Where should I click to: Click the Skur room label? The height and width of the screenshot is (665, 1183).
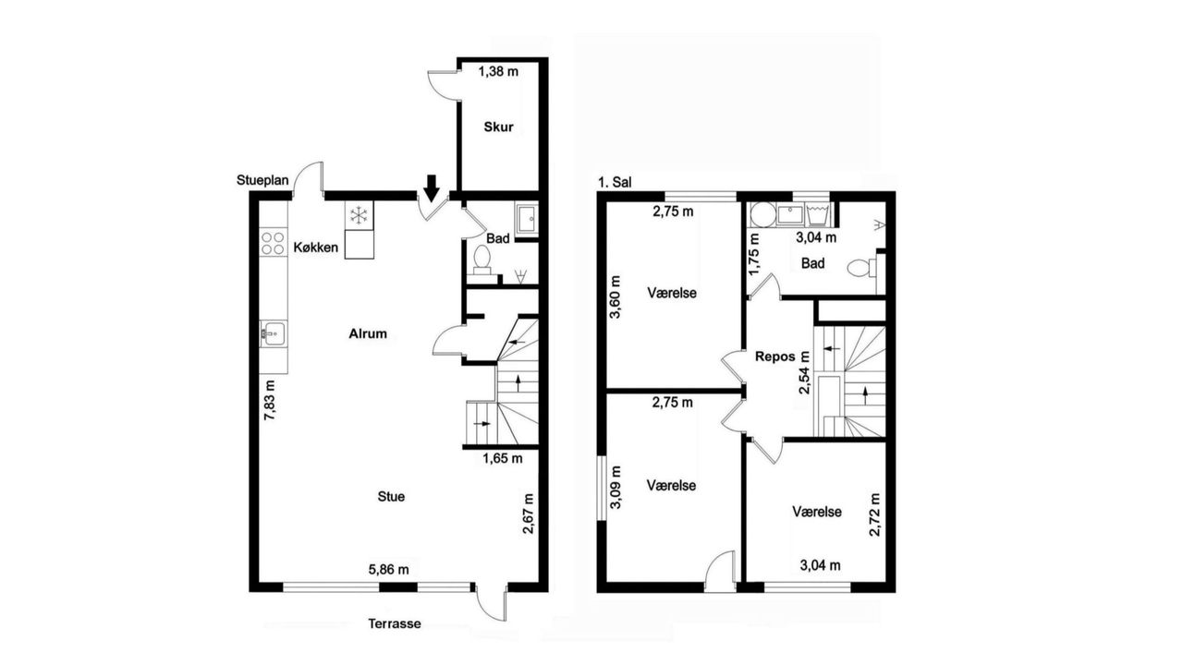tap(498, 127)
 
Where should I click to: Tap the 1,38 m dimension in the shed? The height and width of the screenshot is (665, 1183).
tap(498, 71)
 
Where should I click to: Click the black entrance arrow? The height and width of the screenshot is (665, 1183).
tap(432, 188)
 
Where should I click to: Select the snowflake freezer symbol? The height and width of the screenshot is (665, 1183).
tap(360, 215)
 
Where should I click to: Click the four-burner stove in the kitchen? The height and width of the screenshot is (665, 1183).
tap(273, 243)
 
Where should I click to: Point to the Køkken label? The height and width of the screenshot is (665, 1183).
tap(316, 247)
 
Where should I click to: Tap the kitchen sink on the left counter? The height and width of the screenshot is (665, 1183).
tap(273, 333)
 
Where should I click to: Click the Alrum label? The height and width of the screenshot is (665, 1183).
tap(368, 333)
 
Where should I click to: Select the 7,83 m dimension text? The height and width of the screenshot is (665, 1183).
tap(270, 400)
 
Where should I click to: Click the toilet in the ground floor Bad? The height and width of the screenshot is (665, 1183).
tap(482, 260)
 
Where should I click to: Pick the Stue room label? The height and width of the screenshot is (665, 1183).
tap(391, 496)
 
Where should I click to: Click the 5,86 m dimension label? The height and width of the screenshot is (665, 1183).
tap(389, 570)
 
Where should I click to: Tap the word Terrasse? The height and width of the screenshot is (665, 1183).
tap(395, 623)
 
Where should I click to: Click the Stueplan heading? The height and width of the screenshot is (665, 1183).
tap(262, 180)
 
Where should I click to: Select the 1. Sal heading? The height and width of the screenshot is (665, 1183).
tap(615, 183)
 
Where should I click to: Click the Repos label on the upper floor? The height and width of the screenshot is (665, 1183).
tap(775, 357)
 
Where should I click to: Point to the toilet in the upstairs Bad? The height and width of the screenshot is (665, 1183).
tap(860, 268)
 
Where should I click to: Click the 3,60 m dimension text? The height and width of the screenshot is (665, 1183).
tap(616, 296)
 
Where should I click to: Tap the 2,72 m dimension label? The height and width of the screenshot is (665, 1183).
tap(875, 514)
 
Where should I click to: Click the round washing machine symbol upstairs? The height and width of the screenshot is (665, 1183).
tap(762, 215)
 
